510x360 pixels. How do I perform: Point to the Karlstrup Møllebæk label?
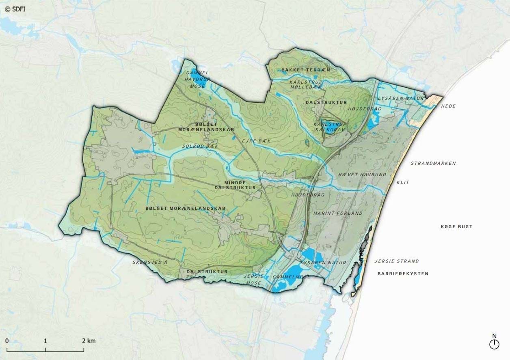click(x=306, y=84)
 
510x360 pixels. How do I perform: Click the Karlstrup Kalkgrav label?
click(x=330, y=127)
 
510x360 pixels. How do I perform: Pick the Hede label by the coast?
click(x=448, y=106)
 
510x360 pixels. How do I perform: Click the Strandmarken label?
click(x=433, y=164)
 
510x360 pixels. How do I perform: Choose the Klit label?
click(x=403, y=183)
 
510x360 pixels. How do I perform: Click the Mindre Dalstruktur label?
click(x=235, y=185)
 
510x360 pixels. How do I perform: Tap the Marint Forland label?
click(x=338, y=213)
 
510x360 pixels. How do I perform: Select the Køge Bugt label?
click(x=456, y=226)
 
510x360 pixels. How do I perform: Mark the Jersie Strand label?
click(x=397, y=261)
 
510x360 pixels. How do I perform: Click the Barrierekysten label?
click(x=403, y=274)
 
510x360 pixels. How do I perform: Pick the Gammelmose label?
click(x=291, y=277)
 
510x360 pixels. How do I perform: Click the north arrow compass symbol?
click(x=494, y=344)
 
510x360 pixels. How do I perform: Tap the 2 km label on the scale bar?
click(x=89, y=341)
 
